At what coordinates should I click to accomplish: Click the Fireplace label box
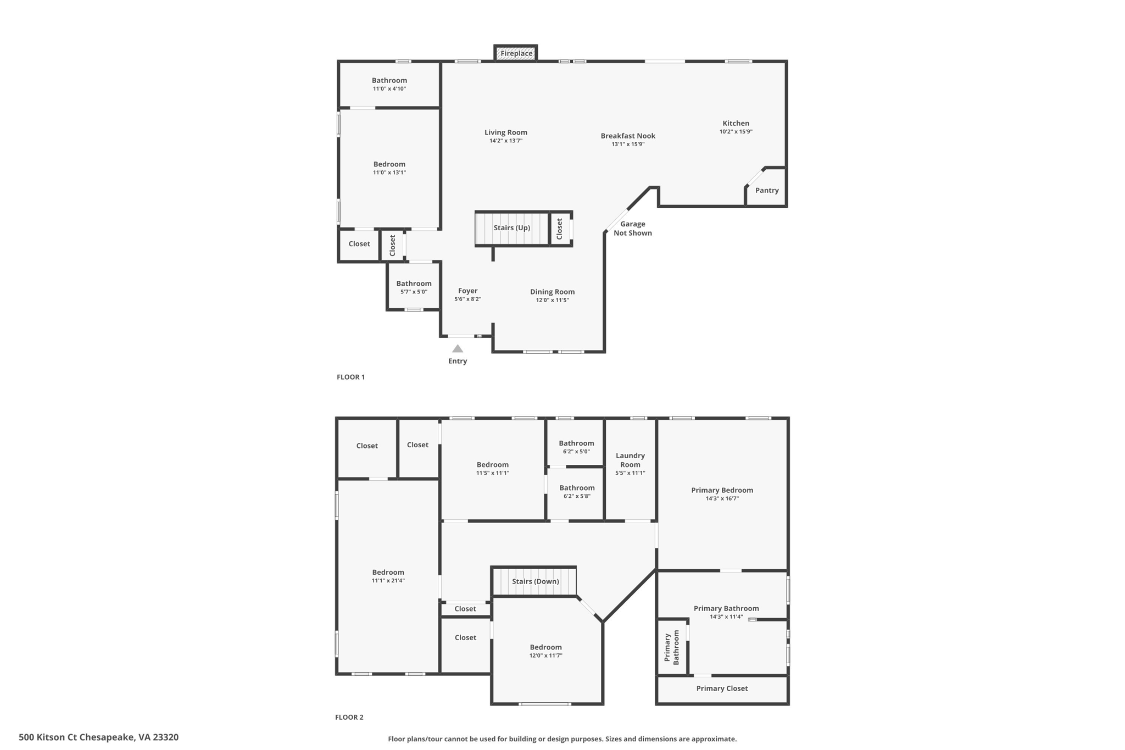516,53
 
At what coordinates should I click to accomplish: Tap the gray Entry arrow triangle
458,348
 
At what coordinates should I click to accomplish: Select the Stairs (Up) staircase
512,228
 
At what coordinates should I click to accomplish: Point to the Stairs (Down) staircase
534,581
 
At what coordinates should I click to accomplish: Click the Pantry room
767,190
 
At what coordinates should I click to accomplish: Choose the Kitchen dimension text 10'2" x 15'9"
736,132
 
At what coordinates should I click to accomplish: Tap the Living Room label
505,132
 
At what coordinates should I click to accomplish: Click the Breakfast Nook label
628,136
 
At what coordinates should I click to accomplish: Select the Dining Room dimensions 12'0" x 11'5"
552,300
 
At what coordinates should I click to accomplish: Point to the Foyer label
467,291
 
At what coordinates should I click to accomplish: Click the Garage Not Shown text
633,229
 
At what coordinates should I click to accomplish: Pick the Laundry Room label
630,460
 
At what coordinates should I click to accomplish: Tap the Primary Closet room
722,688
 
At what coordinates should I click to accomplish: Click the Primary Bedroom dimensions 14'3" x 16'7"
722,498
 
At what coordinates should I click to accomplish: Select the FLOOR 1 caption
350,377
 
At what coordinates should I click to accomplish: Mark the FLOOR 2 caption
349,717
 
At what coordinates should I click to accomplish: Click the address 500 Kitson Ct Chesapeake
98,737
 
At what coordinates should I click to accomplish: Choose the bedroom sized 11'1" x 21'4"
388,576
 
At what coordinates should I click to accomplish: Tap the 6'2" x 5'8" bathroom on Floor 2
577,492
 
